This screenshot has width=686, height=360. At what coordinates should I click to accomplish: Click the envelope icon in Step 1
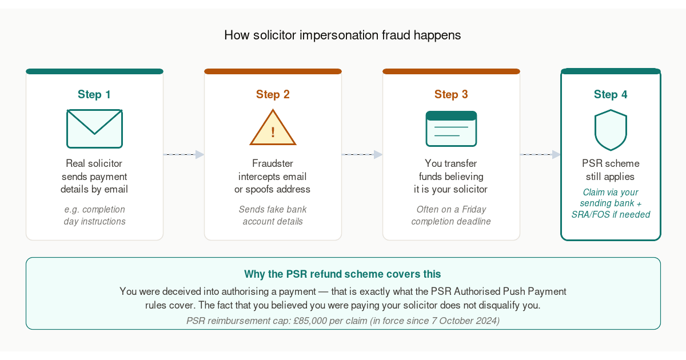point(95,129)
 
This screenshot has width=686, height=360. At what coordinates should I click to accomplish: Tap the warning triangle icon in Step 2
point(273,127)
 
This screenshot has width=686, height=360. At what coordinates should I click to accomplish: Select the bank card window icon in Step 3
point(451,129)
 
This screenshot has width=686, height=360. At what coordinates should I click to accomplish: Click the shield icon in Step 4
point(611,130)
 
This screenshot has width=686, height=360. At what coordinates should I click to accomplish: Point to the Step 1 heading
point(94,94)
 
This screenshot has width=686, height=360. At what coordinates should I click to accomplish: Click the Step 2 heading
point(273,94)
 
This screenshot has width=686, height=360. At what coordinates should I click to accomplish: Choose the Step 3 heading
point(451,94)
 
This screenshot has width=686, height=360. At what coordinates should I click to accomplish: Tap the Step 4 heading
point(611,94)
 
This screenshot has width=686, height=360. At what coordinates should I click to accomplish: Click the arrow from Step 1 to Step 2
point(184,154)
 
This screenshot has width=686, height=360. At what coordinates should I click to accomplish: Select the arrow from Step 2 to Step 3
point(362,154)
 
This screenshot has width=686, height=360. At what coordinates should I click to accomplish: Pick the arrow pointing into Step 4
point(540,154)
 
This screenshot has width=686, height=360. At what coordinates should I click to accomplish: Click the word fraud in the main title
point(396,35)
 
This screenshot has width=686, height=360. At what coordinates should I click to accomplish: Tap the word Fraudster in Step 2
point(273,163)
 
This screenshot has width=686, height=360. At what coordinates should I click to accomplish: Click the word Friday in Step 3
point(474,209)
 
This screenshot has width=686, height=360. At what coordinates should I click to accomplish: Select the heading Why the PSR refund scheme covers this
point(342,274)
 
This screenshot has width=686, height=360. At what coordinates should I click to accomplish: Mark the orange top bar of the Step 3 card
point(451,71)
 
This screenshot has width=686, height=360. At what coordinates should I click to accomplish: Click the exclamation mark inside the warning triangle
point(273,132)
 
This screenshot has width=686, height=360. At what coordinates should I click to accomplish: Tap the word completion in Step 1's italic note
point(103,209)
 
